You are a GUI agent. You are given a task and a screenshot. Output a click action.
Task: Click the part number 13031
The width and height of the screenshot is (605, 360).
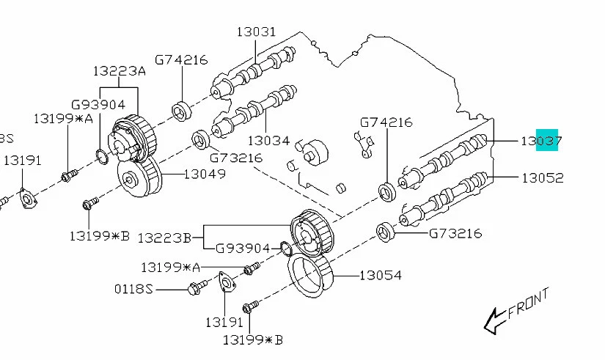click(x=256, y=32)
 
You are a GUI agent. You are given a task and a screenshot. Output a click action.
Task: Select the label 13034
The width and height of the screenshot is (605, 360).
click(x=268, y=140)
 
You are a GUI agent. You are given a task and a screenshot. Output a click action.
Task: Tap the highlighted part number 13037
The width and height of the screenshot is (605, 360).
click(x=541, y=141)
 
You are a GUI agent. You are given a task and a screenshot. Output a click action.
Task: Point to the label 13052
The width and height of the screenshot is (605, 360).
click(x=542, y=177)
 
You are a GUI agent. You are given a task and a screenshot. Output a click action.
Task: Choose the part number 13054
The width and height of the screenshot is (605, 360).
click(x=380, y=276)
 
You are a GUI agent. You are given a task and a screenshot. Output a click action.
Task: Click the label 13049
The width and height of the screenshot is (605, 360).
click(x=204, y=175)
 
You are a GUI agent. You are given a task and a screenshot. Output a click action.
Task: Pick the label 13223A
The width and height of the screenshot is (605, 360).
click(x=119, y=71)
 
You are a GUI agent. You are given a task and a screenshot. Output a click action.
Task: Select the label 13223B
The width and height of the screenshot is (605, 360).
click(x=165, y=237)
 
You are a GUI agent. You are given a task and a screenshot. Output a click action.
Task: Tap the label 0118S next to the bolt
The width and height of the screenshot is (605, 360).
click(x=133, y=289)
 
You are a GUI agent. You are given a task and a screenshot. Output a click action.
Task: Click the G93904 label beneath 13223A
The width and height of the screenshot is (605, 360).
click(x=98, y=105)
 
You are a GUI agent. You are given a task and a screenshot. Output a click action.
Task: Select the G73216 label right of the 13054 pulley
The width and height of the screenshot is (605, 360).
click(x=455, y=234)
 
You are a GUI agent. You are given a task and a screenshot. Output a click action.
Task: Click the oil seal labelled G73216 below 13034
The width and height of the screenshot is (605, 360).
click(x=200, y=139)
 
